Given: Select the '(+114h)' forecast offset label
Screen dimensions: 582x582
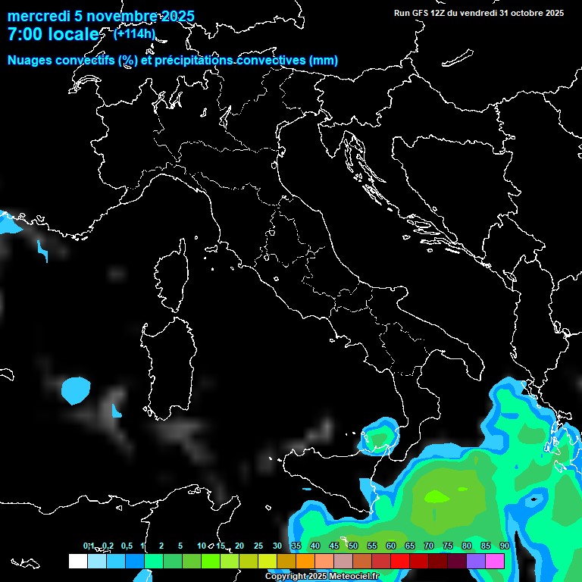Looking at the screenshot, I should click(x=134, y=33).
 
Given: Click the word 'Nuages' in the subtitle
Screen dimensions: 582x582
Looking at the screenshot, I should click(x=30, y=60).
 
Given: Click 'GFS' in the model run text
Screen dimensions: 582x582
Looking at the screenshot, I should click(x=421, y=13).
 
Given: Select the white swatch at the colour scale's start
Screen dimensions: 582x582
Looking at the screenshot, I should click(x=77, y=561).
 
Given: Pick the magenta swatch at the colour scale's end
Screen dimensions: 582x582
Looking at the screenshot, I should click(x=495, y=561).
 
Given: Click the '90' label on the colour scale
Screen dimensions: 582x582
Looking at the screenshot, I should click(x=504, y=546).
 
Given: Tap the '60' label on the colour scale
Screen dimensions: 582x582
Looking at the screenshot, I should click(x=390, y=546).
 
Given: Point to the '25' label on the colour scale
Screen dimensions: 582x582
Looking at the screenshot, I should click(x=258, y=546).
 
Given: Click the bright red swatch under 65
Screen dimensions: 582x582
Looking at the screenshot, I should click(x=400, y=561).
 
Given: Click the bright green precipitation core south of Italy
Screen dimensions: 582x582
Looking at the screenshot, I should click(x=436, y=497).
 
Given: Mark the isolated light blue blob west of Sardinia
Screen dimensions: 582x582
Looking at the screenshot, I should click(x=75, y=390).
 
